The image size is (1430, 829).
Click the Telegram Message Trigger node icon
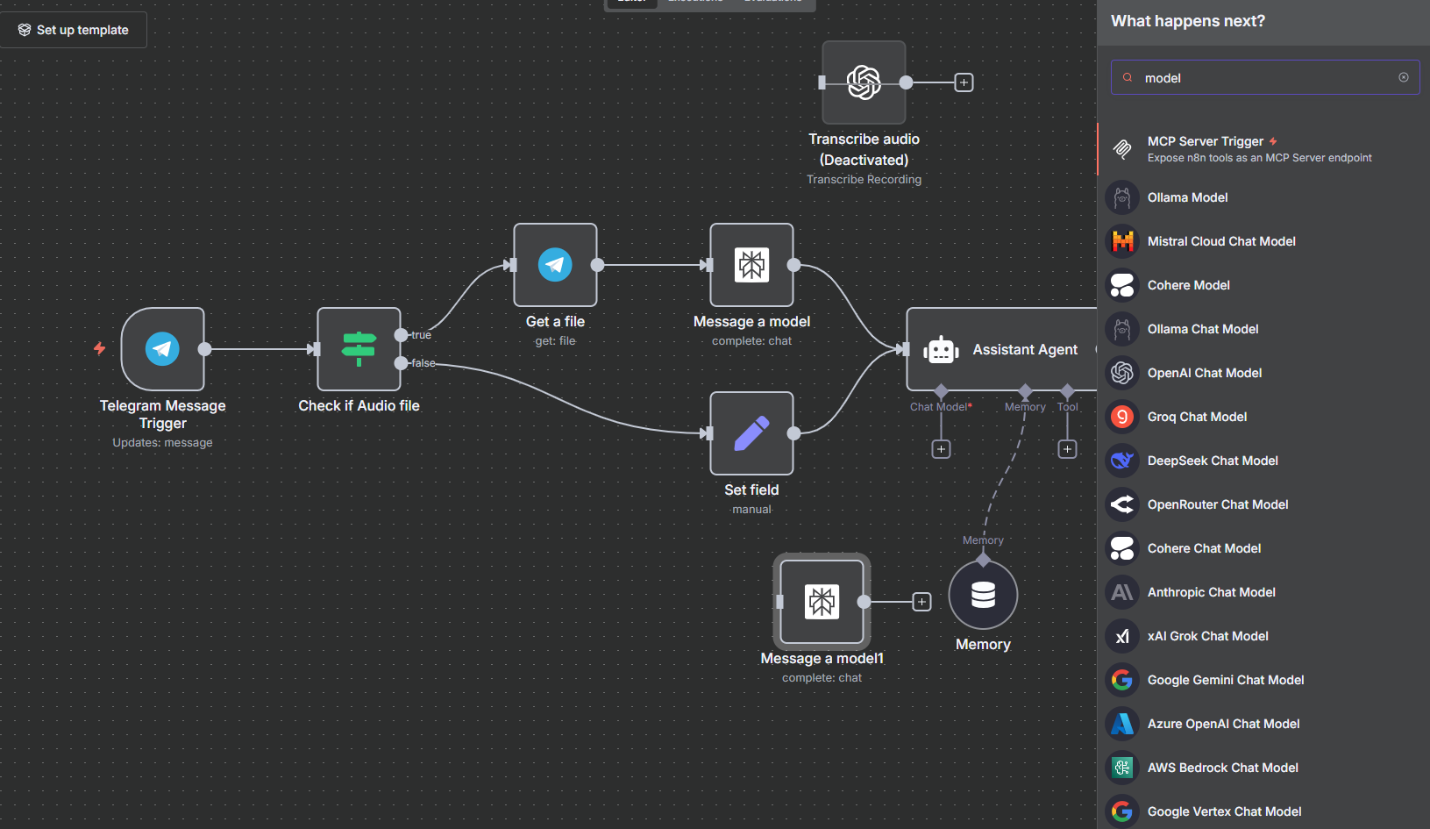pyautogui.click(x=162, y=349)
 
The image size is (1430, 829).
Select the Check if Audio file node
pyautogui.click(x=359, y=349)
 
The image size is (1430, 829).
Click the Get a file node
pyautogui.click(x=555, y=265)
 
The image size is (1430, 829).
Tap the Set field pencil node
pyautogui.click(x=751, y=433)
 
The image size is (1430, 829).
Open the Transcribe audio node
pyautogui.click(x=864, y=82)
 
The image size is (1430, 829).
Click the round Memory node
pyautogui.click(x=983, y=595)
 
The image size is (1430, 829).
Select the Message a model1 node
pyautogui.click(x=822, y=602)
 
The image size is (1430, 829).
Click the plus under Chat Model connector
pyautogui.click(x=941, y=449)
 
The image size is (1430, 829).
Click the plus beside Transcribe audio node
pyautogui.click(x=964, y=82)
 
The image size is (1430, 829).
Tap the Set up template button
pyautogui.click(x=74, y=30)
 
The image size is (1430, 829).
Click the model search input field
pyautogui.click(x=1263, y=78)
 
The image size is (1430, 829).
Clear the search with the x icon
pyautogui.click(x=1404, y=77)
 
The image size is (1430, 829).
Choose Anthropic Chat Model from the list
pyautogui.click(x=1211, y=592)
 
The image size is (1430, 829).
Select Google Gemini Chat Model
pyautogui.click(x=1225, y=680)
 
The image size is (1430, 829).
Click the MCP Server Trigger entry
pyautogui.click(x=1206, y=141)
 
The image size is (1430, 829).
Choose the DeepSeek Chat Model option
pyautogui.click(x=1213, y=461)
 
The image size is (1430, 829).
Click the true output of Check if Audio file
pyautogui.click(x=402, y=335)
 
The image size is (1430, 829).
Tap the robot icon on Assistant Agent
pyautogui.click(x=941, y=349)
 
